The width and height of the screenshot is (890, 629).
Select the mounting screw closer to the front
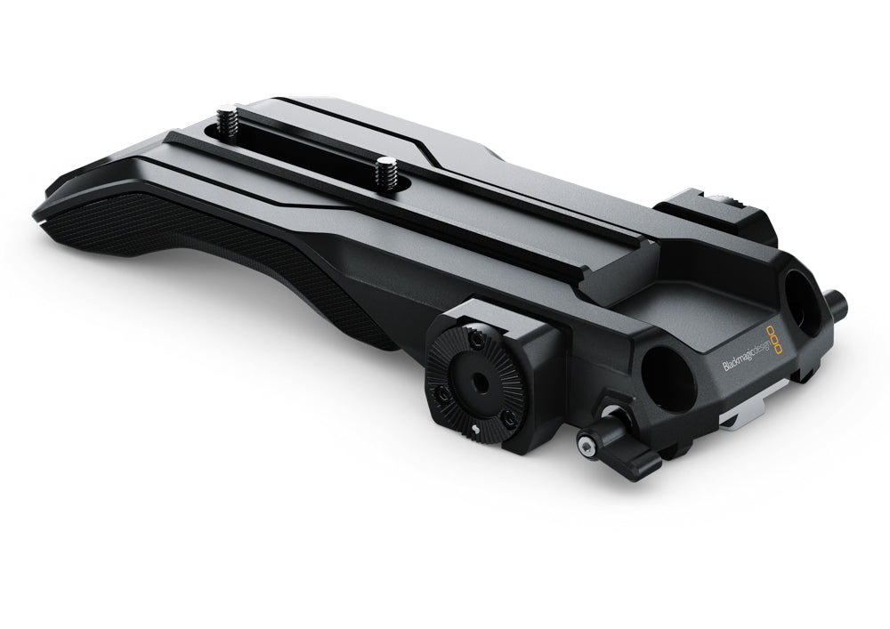tap(385, 172)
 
